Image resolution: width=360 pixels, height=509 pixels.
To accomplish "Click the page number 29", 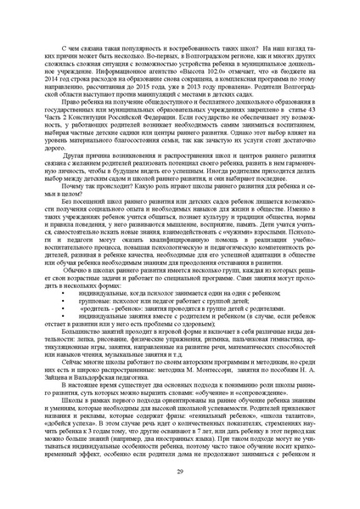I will pos(180,471).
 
